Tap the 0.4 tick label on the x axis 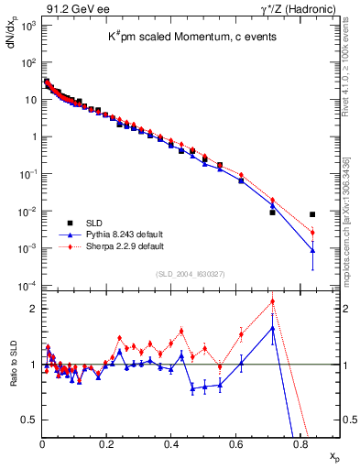[x=171, y=443]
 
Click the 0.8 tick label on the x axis [x=300, y=443]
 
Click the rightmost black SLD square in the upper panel [x=313, y=214]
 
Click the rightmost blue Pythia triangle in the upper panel [x=313, y=250]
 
